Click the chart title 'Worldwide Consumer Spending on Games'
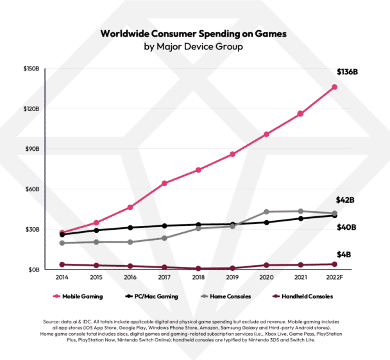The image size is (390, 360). pos(194,33)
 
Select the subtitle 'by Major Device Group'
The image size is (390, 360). pos(194,47)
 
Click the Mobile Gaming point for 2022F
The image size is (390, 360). pos(335,87)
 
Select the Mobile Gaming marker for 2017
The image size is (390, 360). pos(165,184)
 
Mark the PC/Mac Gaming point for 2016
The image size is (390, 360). pos(130,228)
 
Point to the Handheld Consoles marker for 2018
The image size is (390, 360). pos(199,268)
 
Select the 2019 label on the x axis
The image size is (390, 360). pos(233,280)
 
